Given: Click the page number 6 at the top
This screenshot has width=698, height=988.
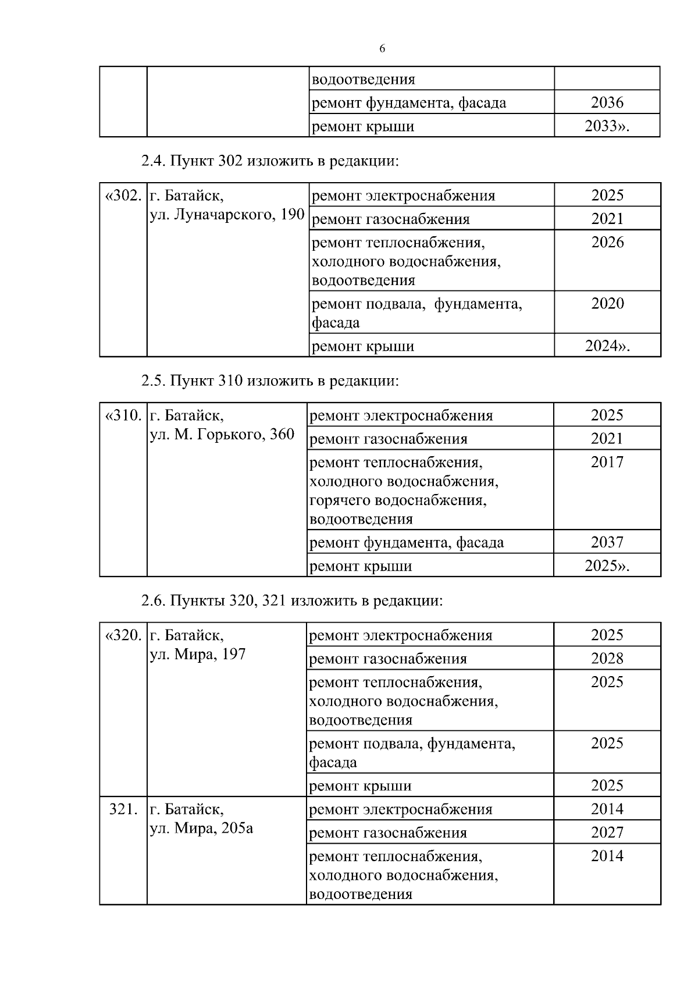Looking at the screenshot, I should click(382, 49).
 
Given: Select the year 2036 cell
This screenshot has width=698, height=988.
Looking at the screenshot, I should click(607, 103).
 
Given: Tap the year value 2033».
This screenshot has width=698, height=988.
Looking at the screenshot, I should click(607, 126).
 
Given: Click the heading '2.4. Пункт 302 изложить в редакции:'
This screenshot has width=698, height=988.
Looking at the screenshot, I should click(270, 161).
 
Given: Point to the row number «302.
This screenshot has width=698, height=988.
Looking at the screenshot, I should click(123, 196).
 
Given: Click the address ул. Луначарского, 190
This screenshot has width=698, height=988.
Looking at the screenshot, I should click(227, 215).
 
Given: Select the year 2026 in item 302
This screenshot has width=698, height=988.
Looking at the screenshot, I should click(607, 243).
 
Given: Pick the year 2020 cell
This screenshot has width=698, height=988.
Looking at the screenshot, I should click(607, 304).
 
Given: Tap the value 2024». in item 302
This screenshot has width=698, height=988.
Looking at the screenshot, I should click(607, 346).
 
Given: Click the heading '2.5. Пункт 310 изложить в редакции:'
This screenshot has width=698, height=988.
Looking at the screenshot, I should click(270, 381).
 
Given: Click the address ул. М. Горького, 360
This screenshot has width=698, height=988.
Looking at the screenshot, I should click(222, 435).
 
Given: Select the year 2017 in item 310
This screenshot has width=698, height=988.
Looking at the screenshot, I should click(607, 463).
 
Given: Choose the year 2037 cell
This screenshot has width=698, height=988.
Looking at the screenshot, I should click(607, 542).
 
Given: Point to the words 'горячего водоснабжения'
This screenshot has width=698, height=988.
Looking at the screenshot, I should click(398, 500).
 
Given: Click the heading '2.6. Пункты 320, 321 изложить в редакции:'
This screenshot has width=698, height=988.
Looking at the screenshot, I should click(292, 600).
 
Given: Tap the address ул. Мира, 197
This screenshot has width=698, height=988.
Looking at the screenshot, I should click(198, 654).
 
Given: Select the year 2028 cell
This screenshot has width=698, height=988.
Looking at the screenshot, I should click(607, 659).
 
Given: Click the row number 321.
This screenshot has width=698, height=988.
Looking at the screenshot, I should click(123, 809).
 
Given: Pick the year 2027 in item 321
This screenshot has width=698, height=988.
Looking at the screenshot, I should click(607, 833).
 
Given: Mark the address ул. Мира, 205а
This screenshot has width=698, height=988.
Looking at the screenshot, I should click(201, 828).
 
